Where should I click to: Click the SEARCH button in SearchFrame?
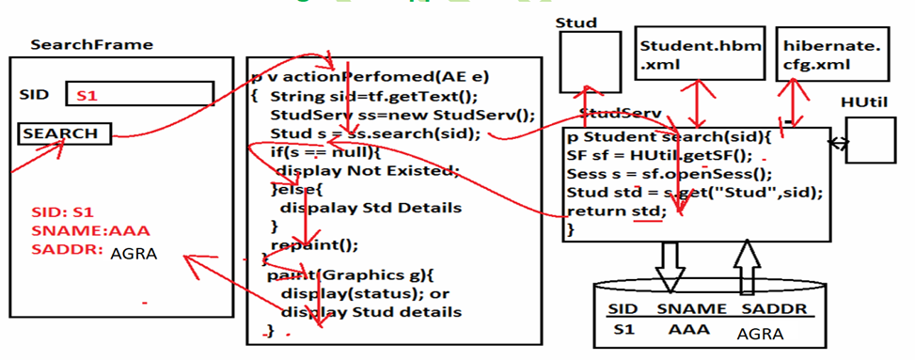point(64,133)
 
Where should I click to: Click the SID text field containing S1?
point(139,94)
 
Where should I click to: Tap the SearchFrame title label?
point(92,44)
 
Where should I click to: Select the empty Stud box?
point(590,64)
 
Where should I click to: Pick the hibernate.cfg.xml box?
point(815,55)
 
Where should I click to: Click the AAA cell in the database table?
point(688,331)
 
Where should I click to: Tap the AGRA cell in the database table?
point(760,334)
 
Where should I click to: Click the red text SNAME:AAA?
point(90,230)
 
